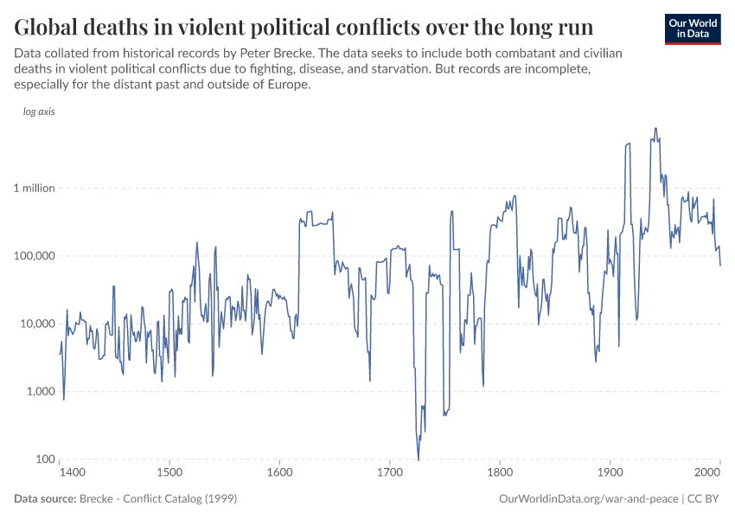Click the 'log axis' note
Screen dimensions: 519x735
point(39,112)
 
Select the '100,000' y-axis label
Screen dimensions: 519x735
point(34,256)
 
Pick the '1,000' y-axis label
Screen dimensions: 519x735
point(39,391)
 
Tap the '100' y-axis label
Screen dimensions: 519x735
point(44,459)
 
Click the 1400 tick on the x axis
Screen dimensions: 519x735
point(72,473)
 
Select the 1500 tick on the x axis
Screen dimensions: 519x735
point(170,473)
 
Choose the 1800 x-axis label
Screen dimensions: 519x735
point(500,473)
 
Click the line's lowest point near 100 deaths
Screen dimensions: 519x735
point(419,459)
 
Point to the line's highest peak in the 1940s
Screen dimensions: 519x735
point(655,129)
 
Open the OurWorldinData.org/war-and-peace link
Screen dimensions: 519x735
point(588,499)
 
